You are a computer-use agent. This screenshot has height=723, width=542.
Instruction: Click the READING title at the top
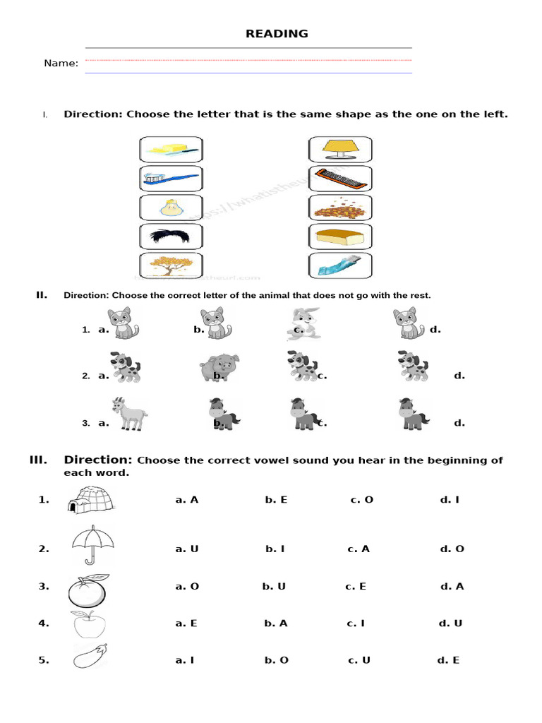click(x=277, y=34)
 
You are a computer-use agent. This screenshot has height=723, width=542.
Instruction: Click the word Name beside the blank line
click(x=61, y=64)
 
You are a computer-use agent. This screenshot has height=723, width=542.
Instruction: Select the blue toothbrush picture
click(x=171, y=179)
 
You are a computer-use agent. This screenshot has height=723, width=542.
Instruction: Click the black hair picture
click(x=171, y=236)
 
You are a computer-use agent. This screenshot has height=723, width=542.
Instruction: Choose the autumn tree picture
click(x=171, y=265)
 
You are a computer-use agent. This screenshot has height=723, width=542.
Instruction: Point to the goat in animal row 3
click(x=128, y=414)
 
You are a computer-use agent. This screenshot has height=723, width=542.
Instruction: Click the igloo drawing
click(x=93, y=498)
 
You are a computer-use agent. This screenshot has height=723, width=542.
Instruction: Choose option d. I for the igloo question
click(x=450, y=500)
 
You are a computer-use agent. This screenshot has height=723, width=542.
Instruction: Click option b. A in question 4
click(x=276, y=623)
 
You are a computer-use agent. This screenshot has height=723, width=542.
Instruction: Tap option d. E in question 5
click(x=448, y=660)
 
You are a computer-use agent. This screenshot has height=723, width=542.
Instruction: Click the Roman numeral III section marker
click(x=38, y=460)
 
